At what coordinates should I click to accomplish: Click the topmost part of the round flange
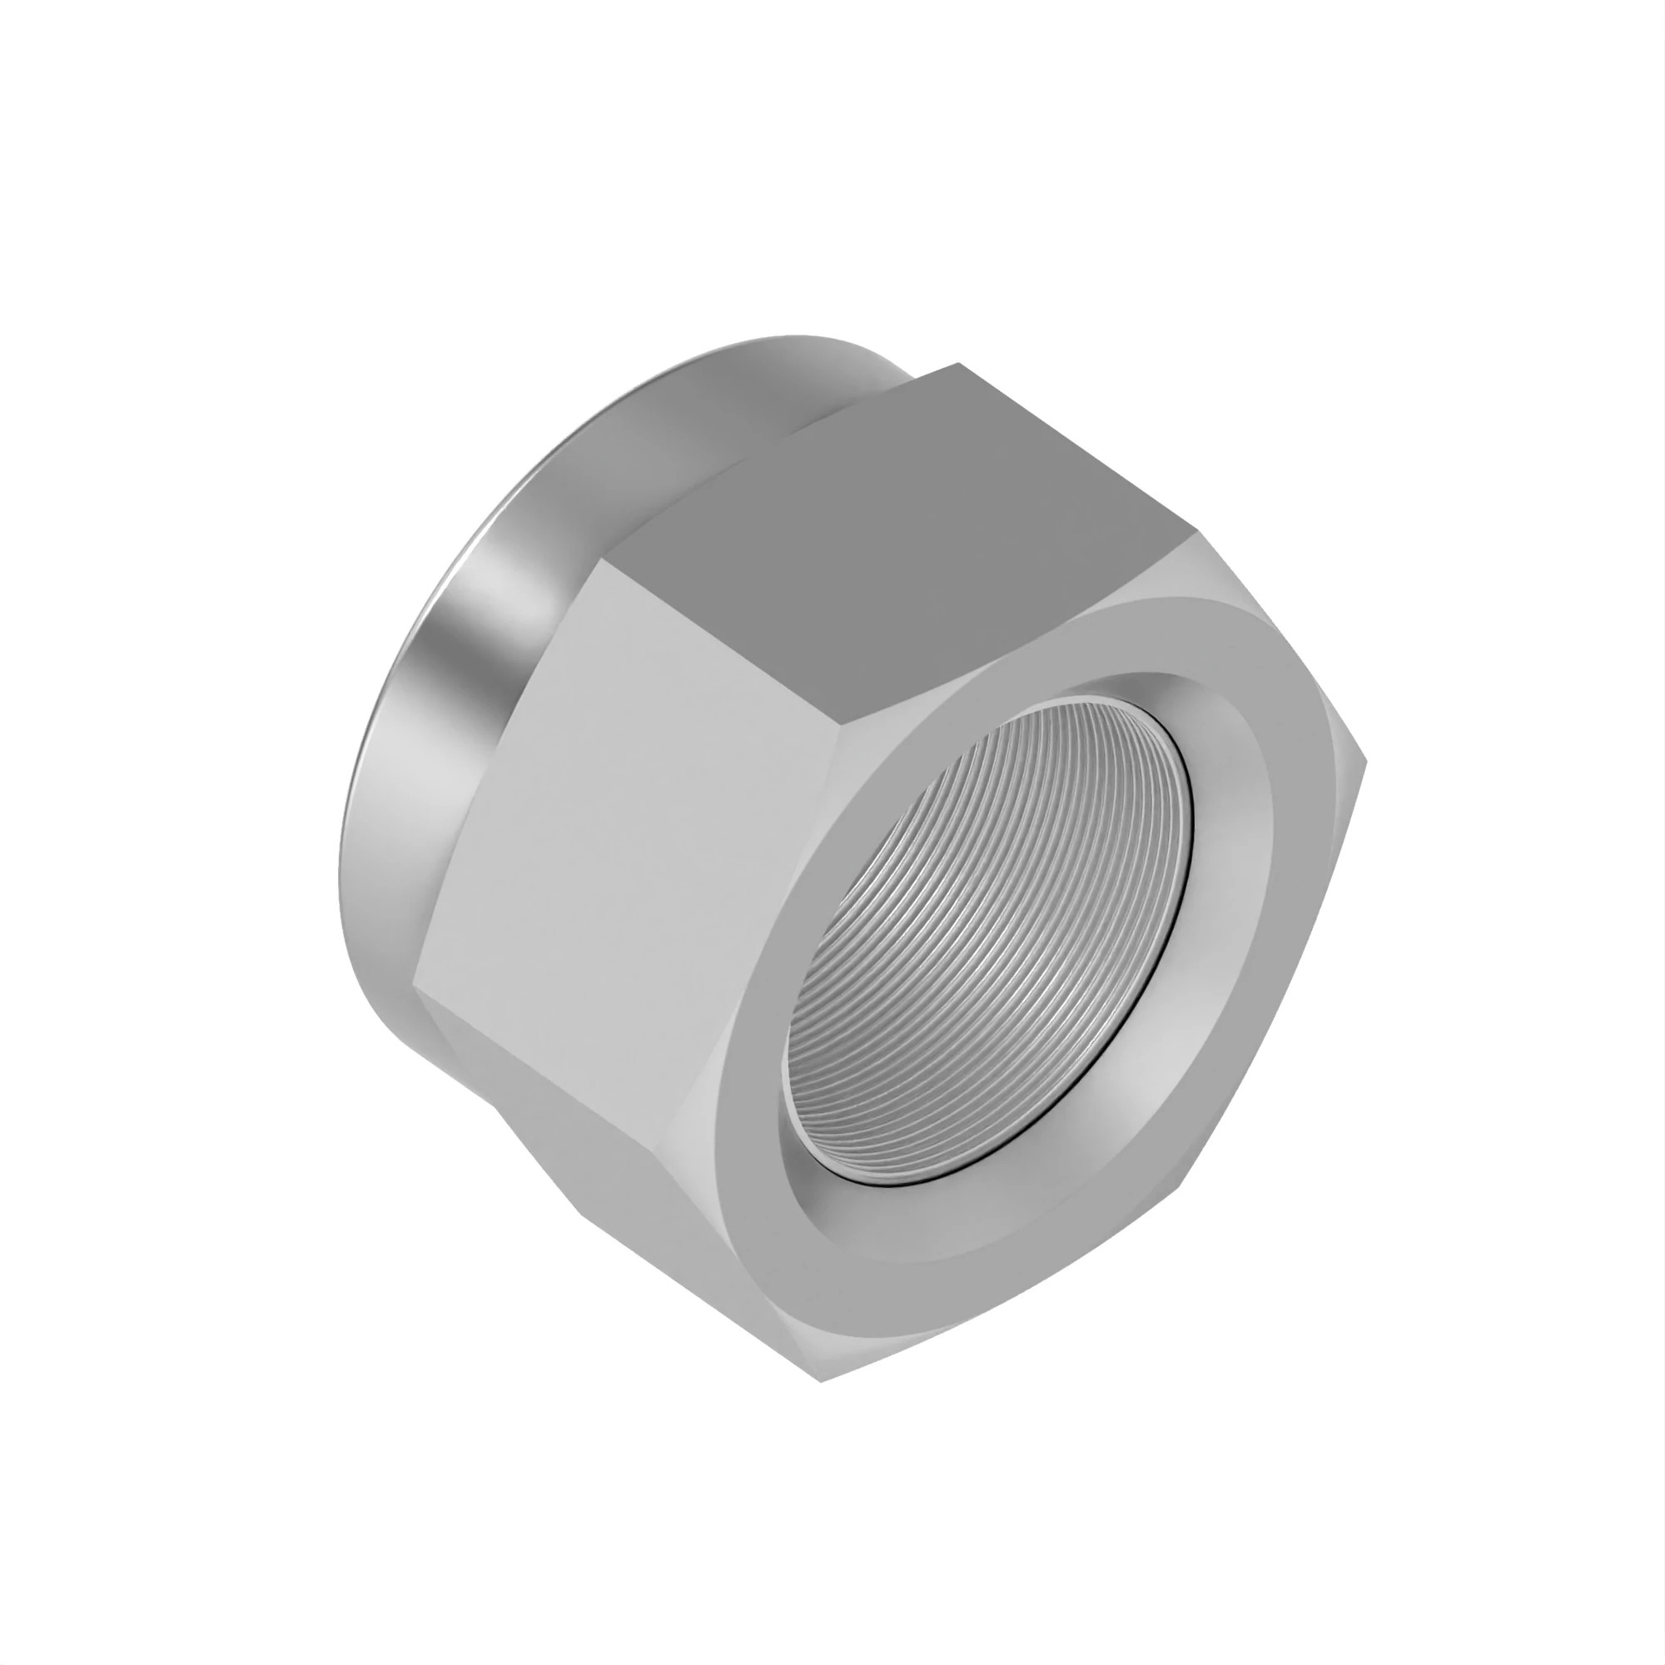pyautogui.click(x=776, y=338)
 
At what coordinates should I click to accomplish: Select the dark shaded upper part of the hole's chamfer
pyautogui.click(x=1121, y=689)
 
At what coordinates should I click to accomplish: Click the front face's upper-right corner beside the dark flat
pyautogui.click(x=1194, y=539)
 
